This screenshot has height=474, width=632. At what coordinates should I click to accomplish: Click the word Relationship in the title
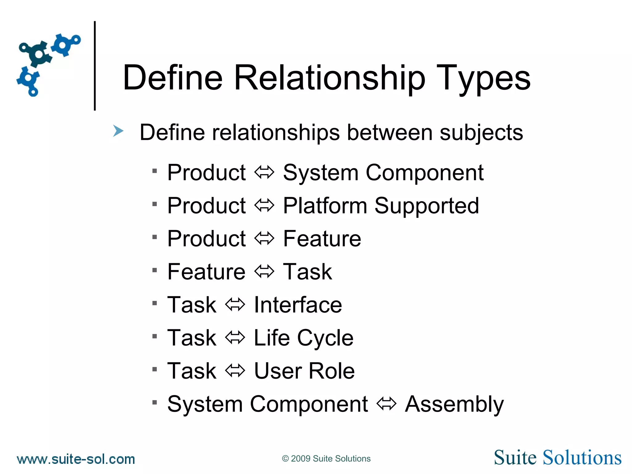[x=330, y=78]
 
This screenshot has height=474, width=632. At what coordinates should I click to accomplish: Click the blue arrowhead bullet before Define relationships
[x=118, y=131]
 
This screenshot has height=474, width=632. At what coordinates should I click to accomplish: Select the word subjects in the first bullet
[x=481, y=133]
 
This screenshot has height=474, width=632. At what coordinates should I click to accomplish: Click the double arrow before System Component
[x=264, y=172]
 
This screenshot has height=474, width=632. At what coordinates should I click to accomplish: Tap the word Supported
[x=427, y=206]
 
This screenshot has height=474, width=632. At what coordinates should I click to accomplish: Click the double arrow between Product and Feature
[x=264, y=239]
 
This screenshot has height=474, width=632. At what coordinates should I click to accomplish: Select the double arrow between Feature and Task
[x=264, y=272]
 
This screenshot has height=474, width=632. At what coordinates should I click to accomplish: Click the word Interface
[x=298, y=305]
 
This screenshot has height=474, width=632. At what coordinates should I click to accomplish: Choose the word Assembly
[x=454, y=404]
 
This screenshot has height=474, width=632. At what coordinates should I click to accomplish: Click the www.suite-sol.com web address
[x=76, y=459]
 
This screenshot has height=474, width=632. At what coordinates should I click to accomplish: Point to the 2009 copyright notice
[x=326, y=459]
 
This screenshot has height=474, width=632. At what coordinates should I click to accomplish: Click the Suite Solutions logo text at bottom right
[x=557, y=458]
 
